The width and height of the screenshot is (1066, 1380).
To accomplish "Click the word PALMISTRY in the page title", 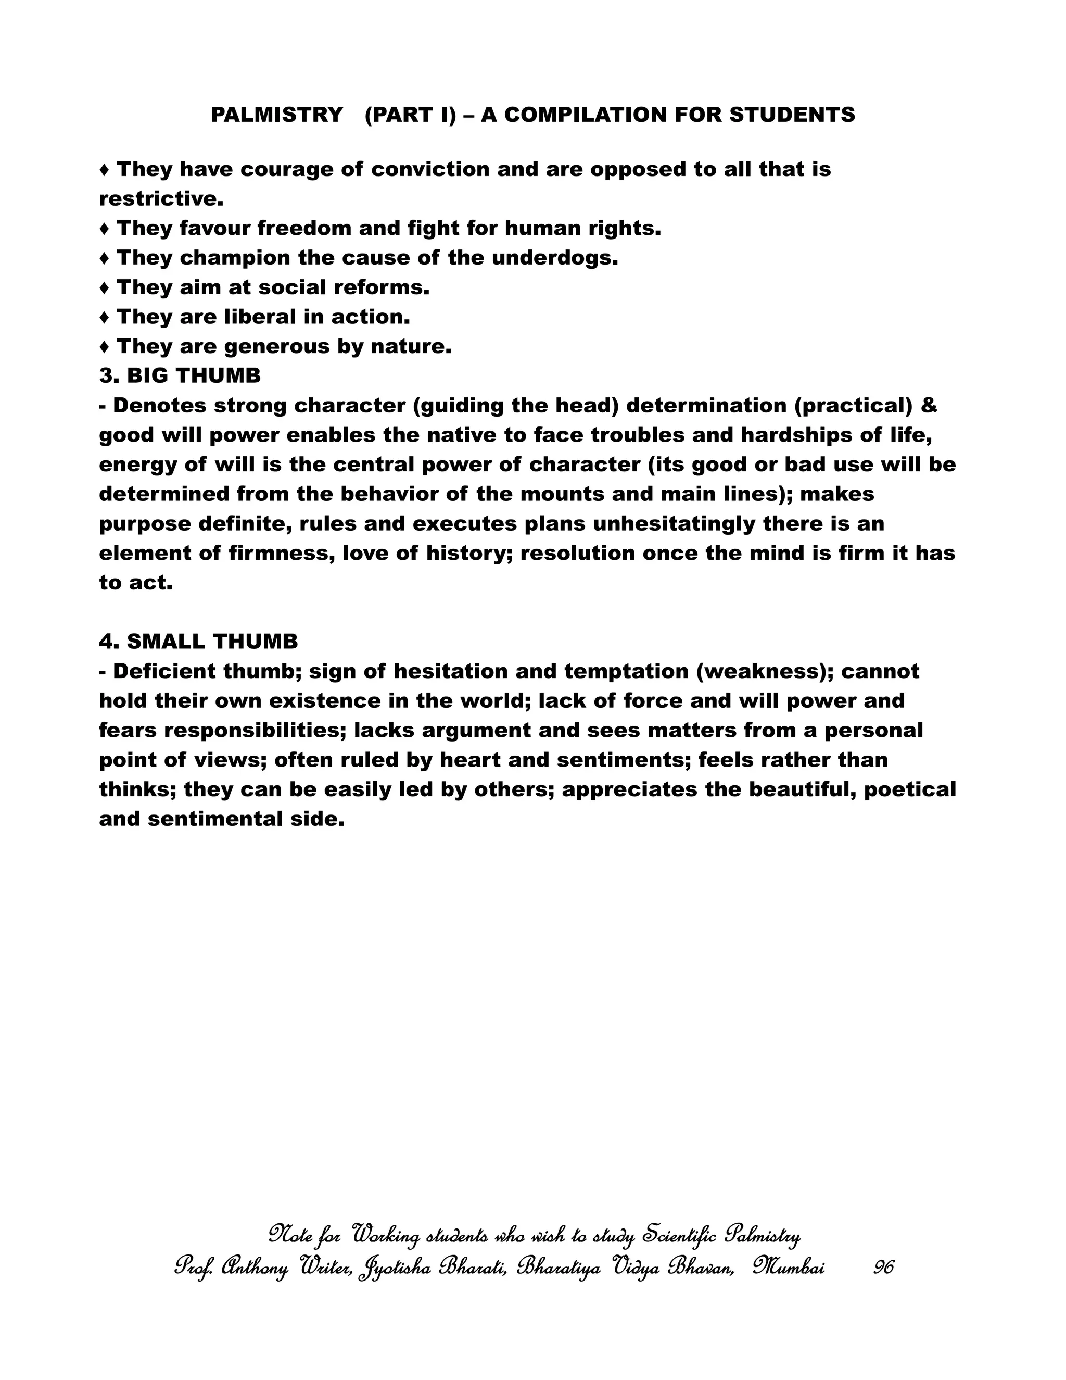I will point(276,115).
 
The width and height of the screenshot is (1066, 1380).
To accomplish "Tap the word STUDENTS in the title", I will point(792,115).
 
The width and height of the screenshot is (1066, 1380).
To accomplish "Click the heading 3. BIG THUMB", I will point(180,376).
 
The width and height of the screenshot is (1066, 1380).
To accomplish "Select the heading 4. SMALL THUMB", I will point(198,642).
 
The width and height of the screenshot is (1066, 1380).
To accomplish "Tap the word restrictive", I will point(161,199).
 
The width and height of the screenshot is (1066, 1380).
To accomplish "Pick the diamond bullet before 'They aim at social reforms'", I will point(105,288).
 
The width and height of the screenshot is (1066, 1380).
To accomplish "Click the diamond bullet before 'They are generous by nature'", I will point(105,347).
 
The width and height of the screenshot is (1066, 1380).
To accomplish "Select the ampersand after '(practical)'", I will point(929,406).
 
